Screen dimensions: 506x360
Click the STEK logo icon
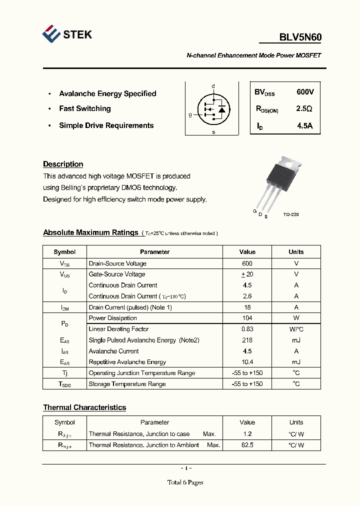point(51,34)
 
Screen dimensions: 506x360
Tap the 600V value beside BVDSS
point(305,92)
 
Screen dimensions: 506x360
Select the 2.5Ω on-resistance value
point(304,108)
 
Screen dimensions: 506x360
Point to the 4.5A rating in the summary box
point(304,126)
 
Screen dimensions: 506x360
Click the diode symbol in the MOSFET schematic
point(222,108)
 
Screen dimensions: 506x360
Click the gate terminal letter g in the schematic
point(190,115)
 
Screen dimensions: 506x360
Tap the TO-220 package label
point(290,214)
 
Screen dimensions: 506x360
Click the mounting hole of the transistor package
point(296,161)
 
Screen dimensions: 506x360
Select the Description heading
point(63,164)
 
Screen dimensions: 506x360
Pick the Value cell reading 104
point(247,318)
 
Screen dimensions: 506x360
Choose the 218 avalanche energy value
point(247,340)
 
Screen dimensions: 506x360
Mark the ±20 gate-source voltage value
point(247,274)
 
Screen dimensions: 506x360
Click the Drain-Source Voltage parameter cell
point(117,263)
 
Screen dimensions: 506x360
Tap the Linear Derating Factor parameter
point(118,329)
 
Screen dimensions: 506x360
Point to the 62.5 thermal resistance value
point(247,445)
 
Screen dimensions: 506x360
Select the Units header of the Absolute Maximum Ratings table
point(296,252)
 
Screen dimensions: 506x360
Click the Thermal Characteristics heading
point(84,407)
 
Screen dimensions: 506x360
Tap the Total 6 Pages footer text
point(185,482)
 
